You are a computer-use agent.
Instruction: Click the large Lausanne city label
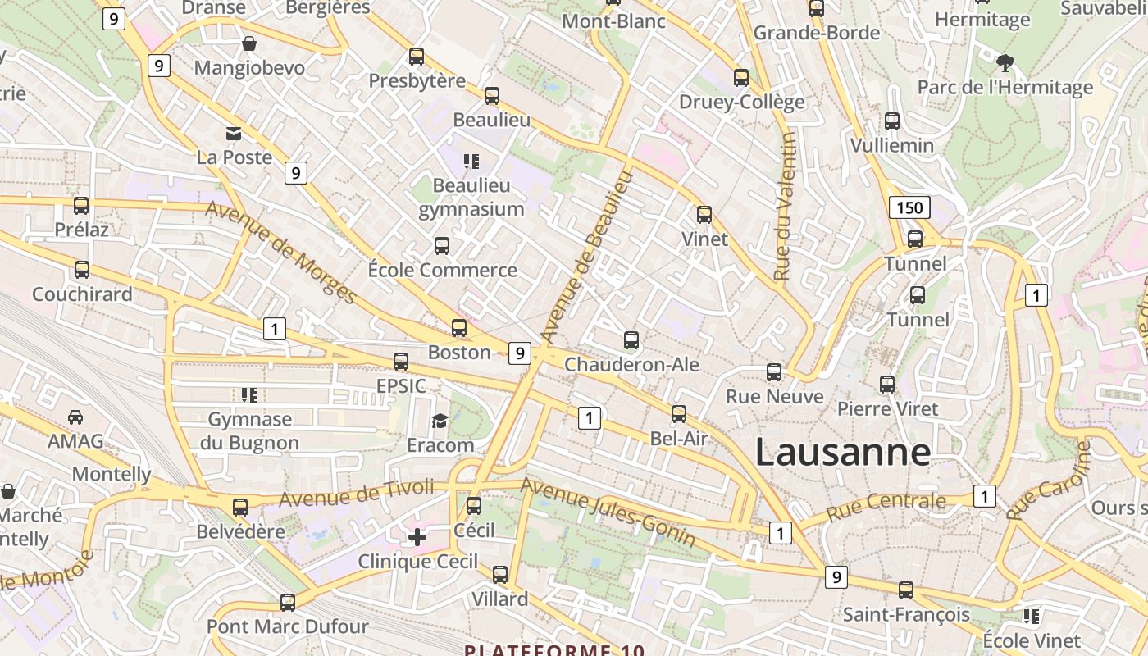(x=842, y=452)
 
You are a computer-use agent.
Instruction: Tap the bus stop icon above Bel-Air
(x=679, y=414)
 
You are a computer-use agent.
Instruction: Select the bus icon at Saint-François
(x=906, y=590)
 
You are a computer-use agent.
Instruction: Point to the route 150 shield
(x=909, y=207)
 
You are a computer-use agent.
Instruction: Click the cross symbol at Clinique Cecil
(x=417, y=537)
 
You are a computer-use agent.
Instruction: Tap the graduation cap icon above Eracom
(x=440, y=421)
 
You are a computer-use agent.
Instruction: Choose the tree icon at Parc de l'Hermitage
(x=1004, y=62)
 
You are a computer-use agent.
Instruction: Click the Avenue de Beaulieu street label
(x=588, y=257)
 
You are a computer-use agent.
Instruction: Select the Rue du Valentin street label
(x=785, y=207)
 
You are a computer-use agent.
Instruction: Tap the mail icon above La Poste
(x=234, y=133)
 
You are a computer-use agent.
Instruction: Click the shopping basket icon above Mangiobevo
(x=249, y=43)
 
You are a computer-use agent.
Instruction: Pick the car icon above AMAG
(x=75, y=417)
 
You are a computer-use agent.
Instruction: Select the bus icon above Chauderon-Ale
(x=631, y=339)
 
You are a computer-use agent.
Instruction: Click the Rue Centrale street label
(x=886, y=505)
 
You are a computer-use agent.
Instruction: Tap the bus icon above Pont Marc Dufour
(x=288, y=602)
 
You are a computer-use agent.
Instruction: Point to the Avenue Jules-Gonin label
(x=608, y=512)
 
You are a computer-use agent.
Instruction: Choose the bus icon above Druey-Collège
(x=741, y=78)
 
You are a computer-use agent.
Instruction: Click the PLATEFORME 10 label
(x=554, y=650)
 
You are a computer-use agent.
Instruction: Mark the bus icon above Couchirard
(x=82, y=270)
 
